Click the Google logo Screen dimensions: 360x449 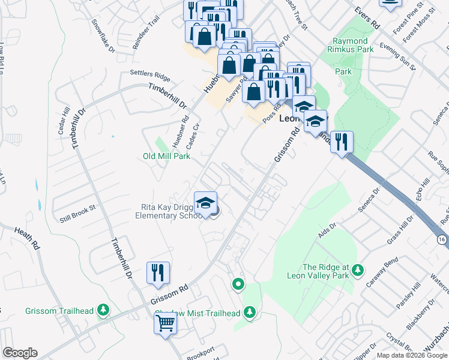20,353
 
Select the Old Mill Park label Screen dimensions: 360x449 166,157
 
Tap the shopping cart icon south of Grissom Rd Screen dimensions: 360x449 166,323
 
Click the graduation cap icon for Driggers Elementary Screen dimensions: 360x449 205,202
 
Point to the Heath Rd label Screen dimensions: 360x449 28,238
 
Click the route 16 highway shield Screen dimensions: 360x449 442,239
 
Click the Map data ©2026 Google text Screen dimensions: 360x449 411,355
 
